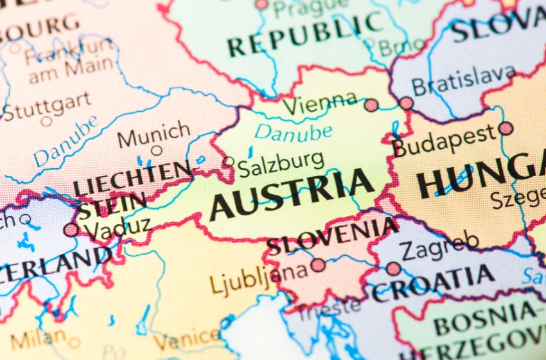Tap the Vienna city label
[319, 104]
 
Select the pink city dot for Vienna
[371, 105]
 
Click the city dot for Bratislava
[406, 103]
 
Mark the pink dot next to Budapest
[506, 128]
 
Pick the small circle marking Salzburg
[228, 162]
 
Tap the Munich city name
[154, 135]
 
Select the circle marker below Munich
[156, 151]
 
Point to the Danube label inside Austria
[293, 132]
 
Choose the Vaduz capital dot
[71, 230]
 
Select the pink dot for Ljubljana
[318, 265]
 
